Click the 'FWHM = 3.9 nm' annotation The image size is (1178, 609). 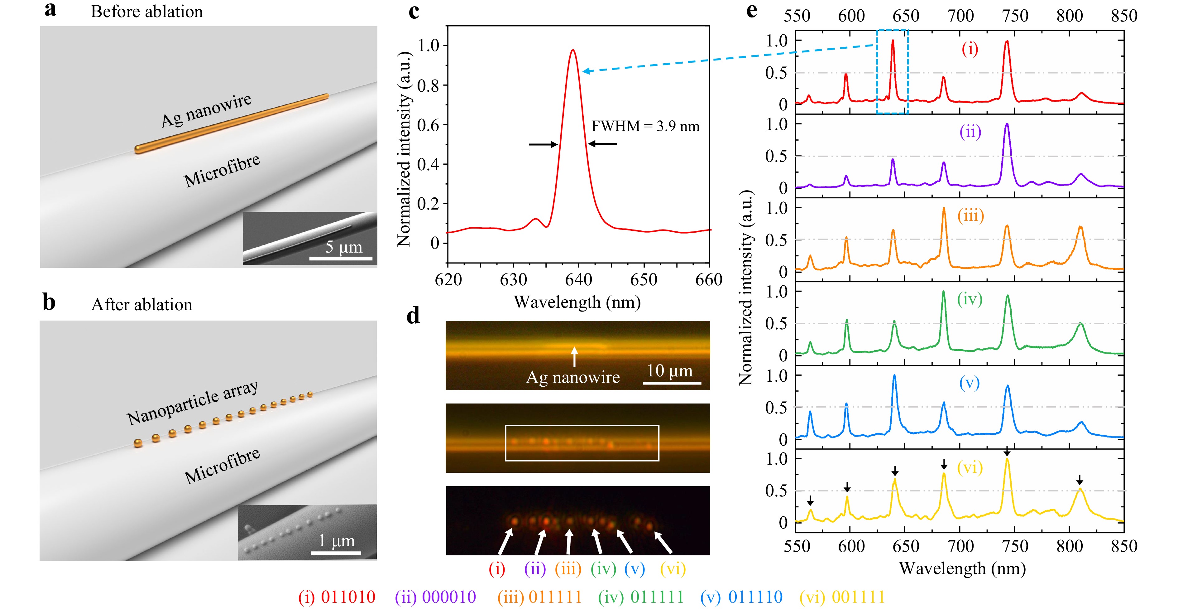click(x=645, y=126)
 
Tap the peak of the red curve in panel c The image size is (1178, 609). click(x=572, y=50)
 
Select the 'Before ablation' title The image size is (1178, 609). click(x=147, y=12)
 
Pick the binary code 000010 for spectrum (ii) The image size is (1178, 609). click(x=449, y=597)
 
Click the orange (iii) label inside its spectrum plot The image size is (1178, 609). click(x=970, y=215)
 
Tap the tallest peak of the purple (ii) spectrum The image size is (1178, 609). click(x=1007, y=124)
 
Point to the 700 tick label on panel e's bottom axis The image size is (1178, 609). click(x=960, y=546)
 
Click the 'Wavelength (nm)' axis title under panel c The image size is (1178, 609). click(x=577, y=302)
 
